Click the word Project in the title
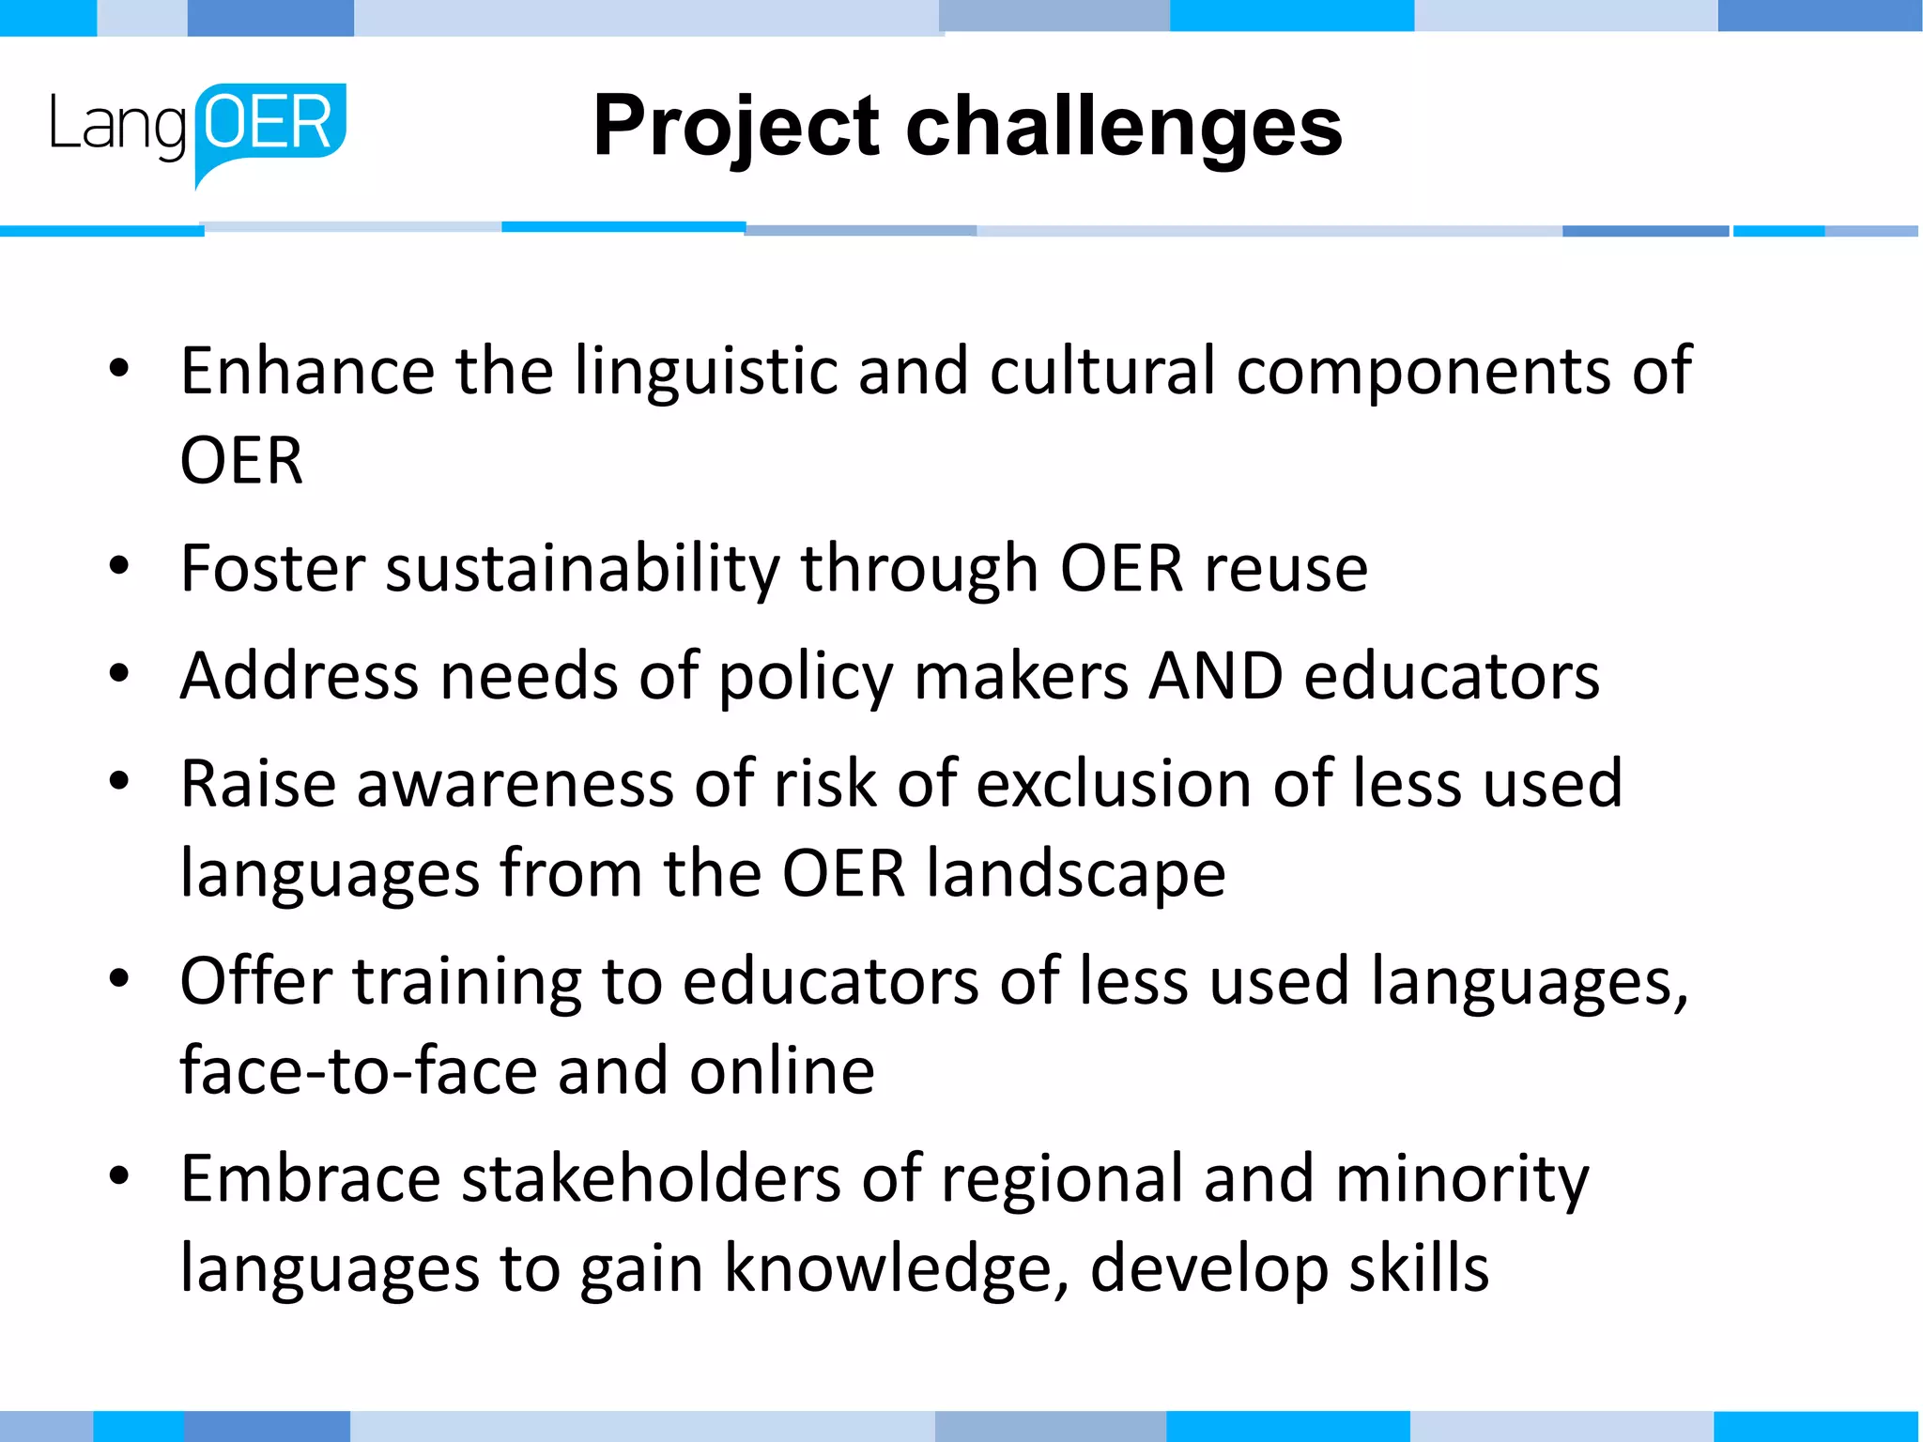point(737,128)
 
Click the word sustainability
point(582,570)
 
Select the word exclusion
point(1114,784)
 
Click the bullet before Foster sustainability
point(118,567)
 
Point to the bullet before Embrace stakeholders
point(118,1177)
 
